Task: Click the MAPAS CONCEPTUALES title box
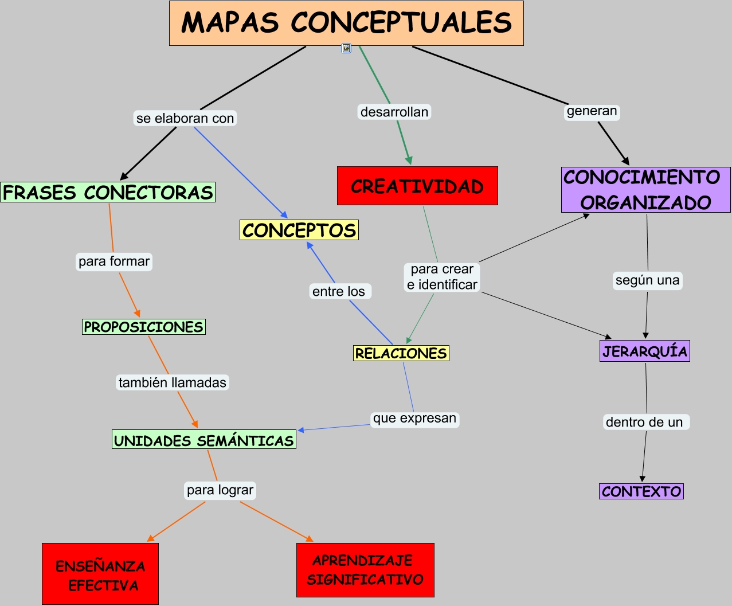346,23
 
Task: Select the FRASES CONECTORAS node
108,192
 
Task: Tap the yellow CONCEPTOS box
299,230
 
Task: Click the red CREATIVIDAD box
417,186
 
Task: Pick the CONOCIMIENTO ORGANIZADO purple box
645,190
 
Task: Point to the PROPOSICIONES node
144,327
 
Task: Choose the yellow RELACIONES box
401,353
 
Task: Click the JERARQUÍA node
645,351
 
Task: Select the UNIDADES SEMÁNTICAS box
204,440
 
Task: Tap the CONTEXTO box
641,491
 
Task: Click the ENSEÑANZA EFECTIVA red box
100,574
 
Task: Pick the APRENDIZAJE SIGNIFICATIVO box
365,570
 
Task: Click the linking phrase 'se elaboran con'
185,118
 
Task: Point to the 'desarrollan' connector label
394,112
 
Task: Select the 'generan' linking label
592,111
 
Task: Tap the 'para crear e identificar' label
442,277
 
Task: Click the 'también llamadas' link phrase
173,382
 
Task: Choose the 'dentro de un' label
645,423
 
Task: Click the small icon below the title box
346,48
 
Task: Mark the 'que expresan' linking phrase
414,419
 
